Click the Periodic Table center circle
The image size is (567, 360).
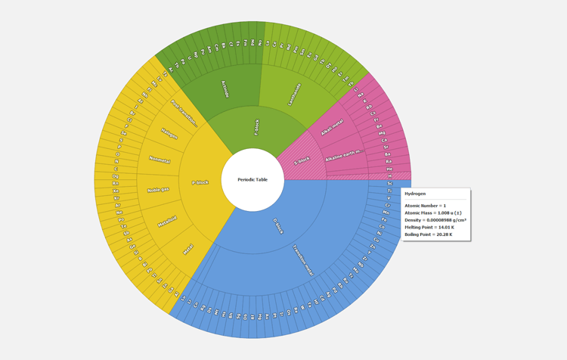pos(253,180)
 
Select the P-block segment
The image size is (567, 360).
pos(200,182)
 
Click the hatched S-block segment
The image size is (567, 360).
pos(302,160)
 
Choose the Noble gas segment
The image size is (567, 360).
pos(158,189)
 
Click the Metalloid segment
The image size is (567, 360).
pos(167,221)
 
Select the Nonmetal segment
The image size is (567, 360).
pos(160,160)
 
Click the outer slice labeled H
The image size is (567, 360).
pos(390,176)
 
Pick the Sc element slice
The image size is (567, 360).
pos(390,184)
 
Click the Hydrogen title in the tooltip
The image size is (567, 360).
pos(415,194)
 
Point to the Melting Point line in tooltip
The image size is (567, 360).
pos(428,227)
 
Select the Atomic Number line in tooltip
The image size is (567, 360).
pos(426,206)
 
